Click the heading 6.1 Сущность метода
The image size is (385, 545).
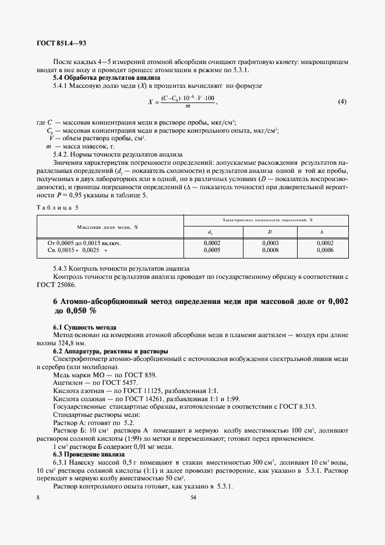tap(85, 328)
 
